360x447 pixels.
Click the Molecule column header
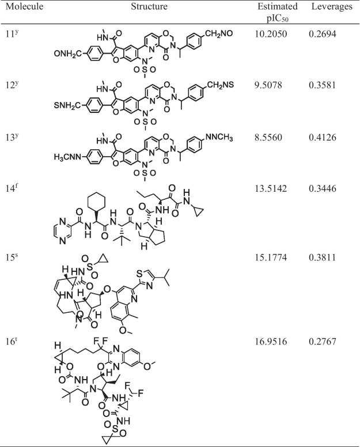pyautogui.click(x=25, y=7)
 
